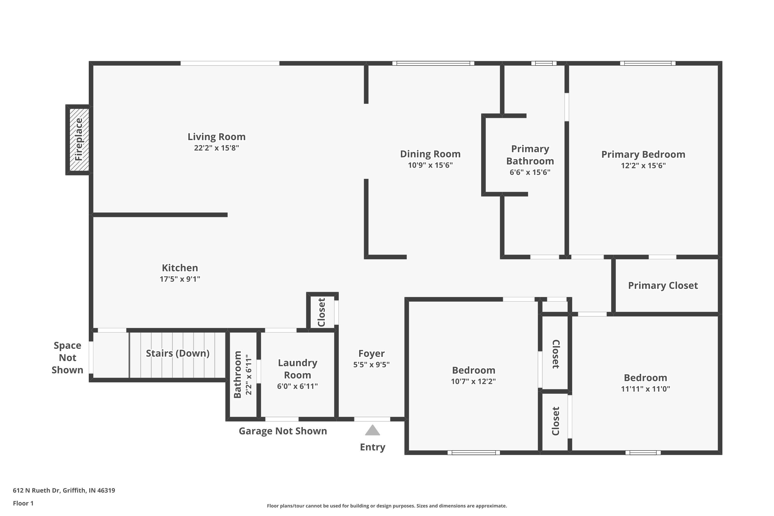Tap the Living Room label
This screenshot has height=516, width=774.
pyautogui.click(x=216, y=136)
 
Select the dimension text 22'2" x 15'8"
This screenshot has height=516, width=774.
pyautogui.click(x=216, y=148)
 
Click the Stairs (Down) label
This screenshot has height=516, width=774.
pyautogui.click(x=178, y=353)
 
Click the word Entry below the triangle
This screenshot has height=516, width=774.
pyautogui.click(x=372, y=447)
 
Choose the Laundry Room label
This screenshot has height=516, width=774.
pyautogui.click(x=297, y=369)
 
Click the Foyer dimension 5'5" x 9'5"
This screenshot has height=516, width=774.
pyautogui.click(x=371, y=365)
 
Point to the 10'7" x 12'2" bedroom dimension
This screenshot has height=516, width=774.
pyautogui.click(x=473, y=381)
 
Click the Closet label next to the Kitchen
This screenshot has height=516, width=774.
pyautogui.click(x=321, y=312)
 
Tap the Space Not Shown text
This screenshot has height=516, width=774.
pyautogui.click(x=67, y=357)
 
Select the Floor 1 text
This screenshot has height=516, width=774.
pyautogui.click(x=23, y=503)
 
